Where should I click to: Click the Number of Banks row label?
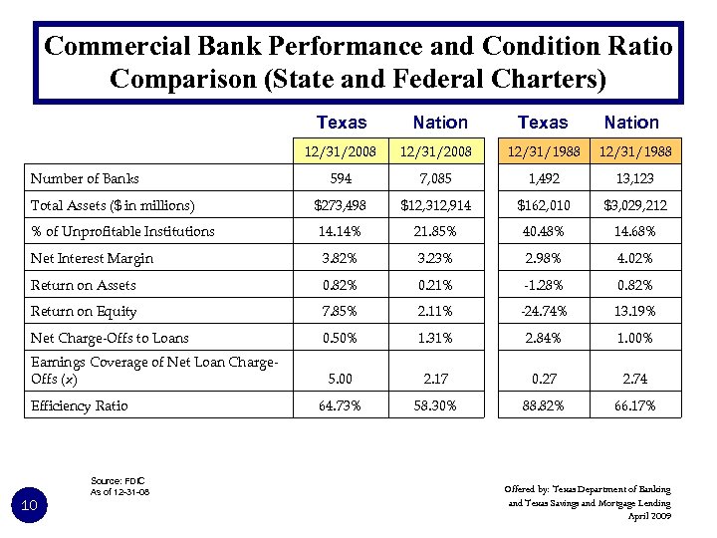coord(85,179)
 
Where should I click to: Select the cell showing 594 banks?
coord(341,179)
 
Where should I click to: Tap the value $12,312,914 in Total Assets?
coord(439,205)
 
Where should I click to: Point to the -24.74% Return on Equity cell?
coord(543,311)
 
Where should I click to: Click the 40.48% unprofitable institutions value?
coord(543,231)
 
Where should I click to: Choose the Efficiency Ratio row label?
coord(81,405)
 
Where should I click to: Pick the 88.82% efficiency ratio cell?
coord(543,405)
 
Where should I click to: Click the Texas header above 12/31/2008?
coord(341,123)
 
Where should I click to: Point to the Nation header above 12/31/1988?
coord(631,123)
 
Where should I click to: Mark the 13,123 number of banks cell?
coord(631,179)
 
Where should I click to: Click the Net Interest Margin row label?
coord(92,258)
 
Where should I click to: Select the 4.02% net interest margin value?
coord(631,258)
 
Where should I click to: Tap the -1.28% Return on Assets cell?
coord(543,285)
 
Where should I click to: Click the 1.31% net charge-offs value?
coord(439,338)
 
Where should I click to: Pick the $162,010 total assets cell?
coord(543,205)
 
